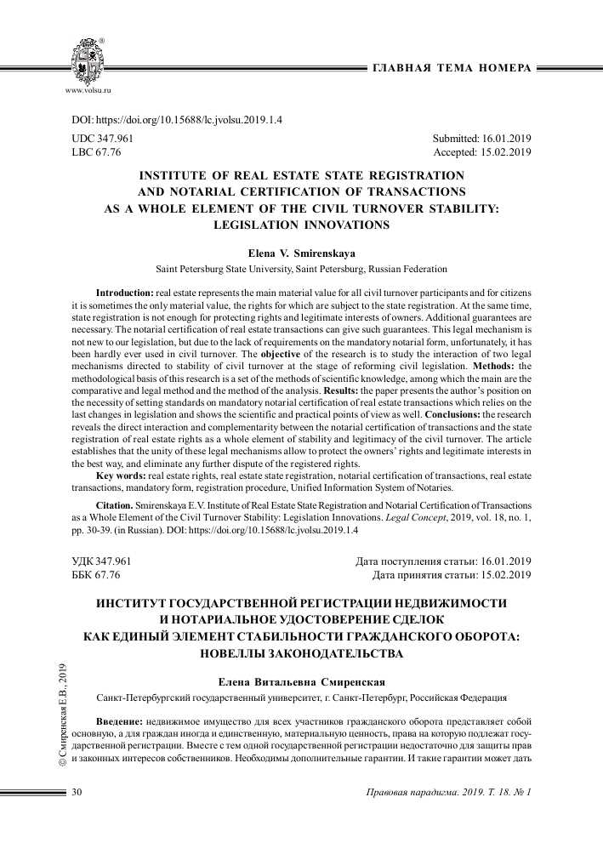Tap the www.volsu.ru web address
tap(88, 88)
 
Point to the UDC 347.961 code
tap(103, 138)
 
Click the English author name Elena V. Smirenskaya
tap(301, 253)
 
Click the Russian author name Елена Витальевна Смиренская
tap(302, 681)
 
